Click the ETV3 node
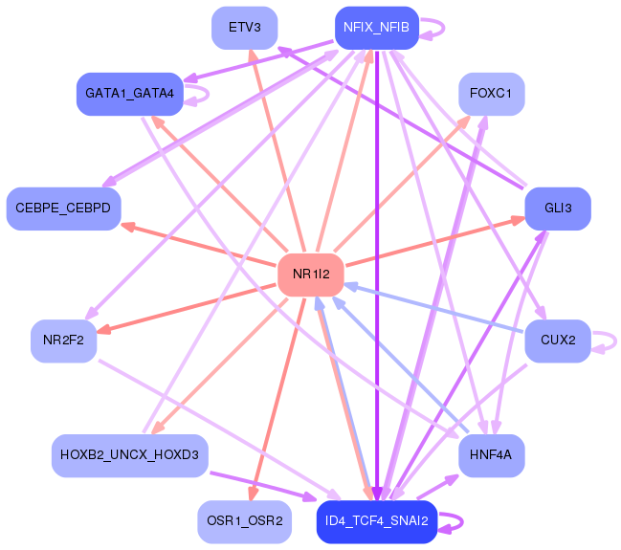tap(245, 27)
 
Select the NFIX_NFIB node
tap(377, 28)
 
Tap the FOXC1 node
tap(491, 94)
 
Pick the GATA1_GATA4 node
tap(129, 93)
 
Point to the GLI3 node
tap(558, 208)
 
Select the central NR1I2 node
tap(311, 275)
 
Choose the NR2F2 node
tap(64, 340)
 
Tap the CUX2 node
tap(558, 340)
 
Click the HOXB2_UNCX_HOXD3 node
tap(129, 454)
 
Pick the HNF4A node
tap(491, 454)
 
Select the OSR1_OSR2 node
tap(245, 521)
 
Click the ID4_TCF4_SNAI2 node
tap(377, 521)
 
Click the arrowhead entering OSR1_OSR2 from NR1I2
tap(253, 494)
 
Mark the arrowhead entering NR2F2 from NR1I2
tap(104, 330)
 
